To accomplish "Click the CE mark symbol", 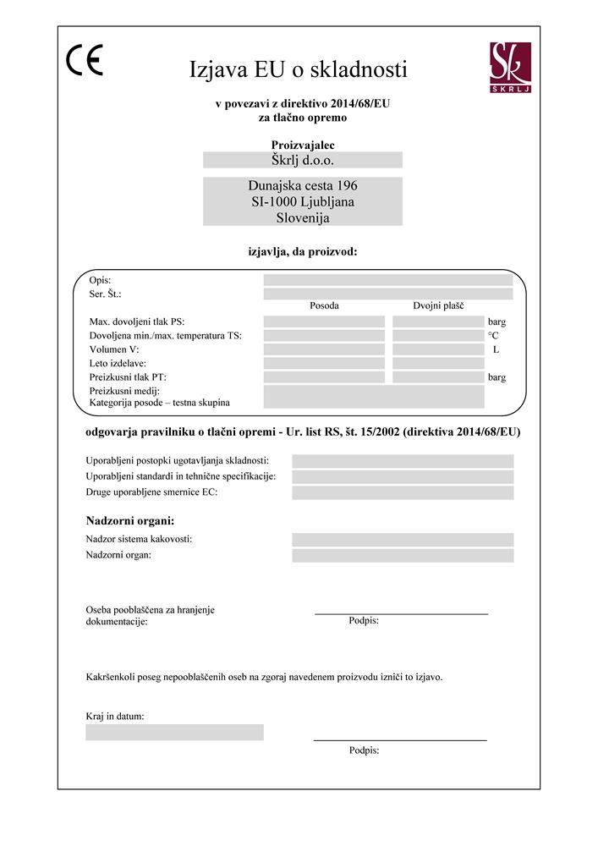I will coord(84,61).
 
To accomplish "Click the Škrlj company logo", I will coord(509,67).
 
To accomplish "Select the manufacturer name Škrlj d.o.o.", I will coord(302,160).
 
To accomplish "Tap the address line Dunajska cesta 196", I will coord(302,185).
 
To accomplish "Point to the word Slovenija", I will coord(302,217).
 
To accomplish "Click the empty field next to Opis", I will coord(387,280).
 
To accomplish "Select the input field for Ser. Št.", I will coord(387,294).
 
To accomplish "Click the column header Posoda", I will coord(324,306).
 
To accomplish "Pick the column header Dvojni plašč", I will coord(437,306).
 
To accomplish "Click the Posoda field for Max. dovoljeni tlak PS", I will coord(324,321).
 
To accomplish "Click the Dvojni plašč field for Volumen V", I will coord(437,349).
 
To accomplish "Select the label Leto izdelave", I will coord(118,363).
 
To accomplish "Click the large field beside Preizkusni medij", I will coord(373,397).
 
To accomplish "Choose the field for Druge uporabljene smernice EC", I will coord(403,492).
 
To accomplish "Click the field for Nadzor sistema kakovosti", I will coord(403,540).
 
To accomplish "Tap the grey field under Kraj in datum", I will coord(174,732).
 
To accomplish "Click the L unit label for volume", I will coord(496,349).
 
